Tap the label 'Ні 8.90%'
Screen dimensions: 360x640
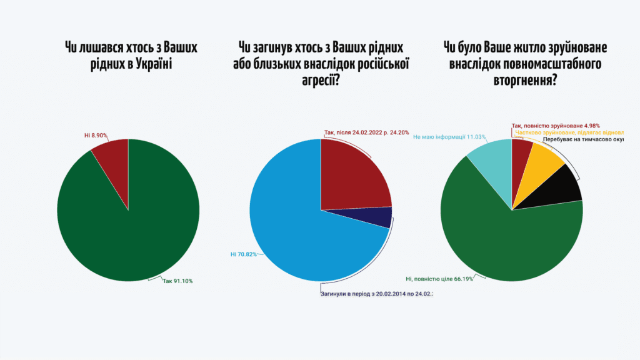[x=96, y=135]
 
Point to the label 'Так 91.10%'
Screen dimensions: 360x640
[x=177, y=281]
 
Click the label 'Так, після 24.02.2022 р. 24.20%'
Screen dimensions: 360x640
[x=366, y=132]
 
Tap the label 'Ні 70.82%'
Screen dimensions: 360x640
[x=244, y=254]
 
